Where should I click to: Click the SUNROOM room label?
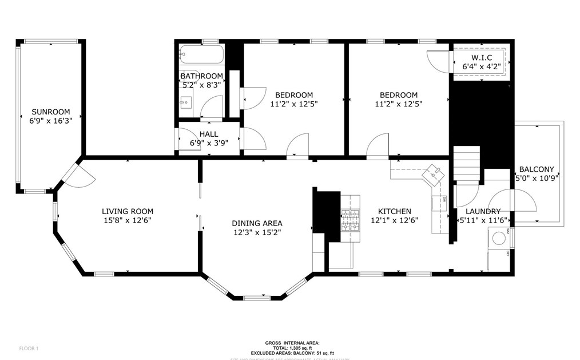pos(51,112)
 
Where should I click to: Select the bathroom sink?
pos(185,104)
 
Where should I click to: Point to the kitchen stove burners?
pos(350,219)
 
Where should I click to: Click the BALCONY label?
pos(536,169)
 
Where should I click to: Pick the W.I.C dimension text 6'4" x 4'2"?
pos(481,66)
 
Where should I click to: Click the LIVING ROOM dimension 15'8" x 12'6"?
pos(127,220)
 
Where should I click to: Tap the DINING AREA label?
pos(257,223)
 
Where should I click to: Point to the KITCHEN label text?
pos(391,211)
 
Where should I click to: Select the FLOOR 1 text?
pos(29,348)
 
